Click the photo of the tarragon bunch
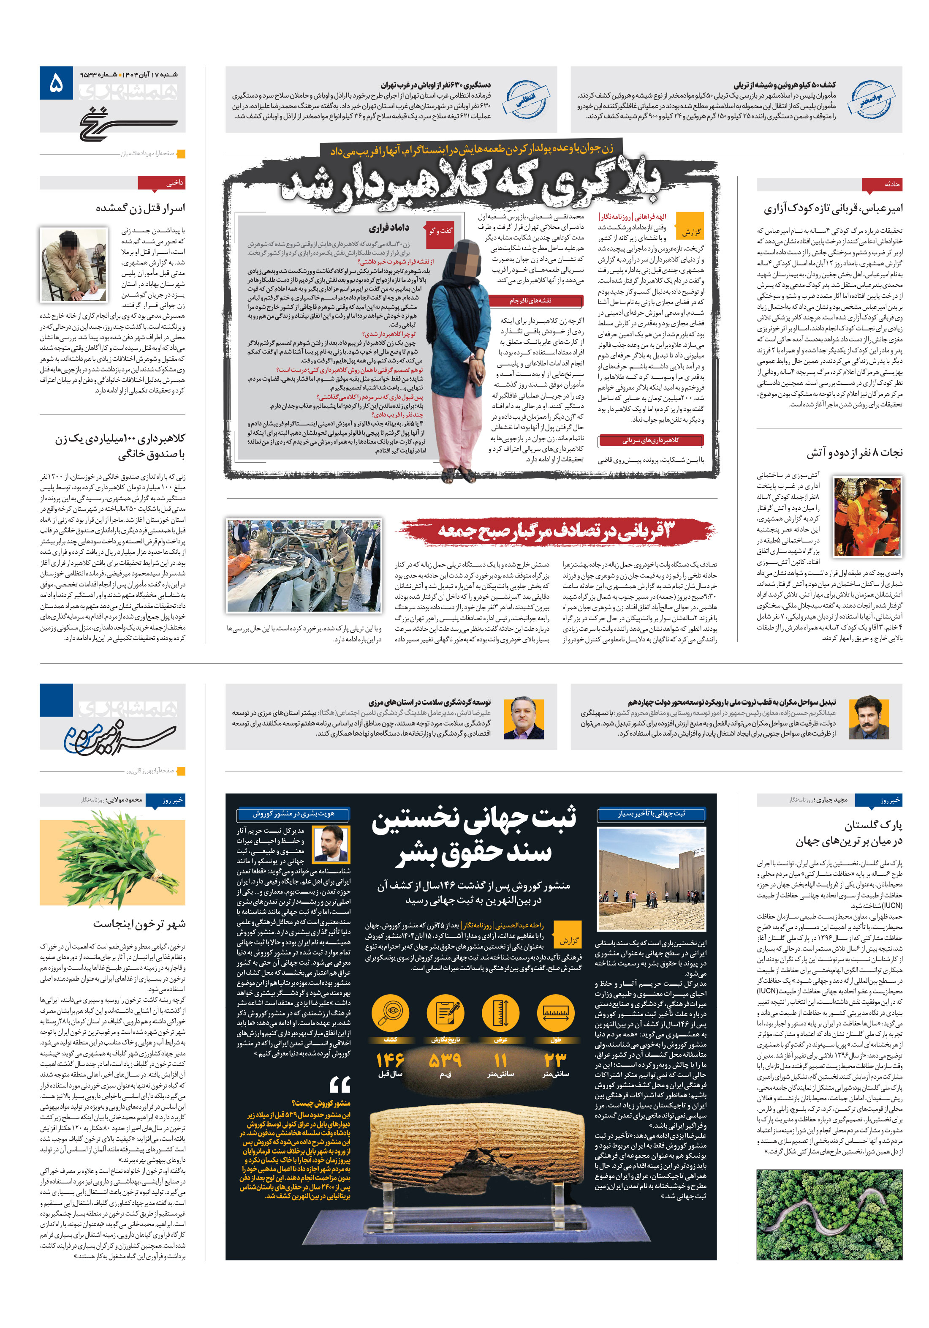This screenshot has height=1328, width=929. (112, 859)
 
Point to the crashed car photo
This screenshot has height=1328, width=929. (304, 565)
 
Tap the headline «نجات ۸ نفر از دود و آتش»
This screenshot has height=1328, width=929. (854, 452)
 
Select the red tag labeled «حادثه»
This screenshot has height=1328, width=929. (882, 184)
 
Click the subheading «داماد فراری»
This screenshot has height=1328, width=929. (388, 227)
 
